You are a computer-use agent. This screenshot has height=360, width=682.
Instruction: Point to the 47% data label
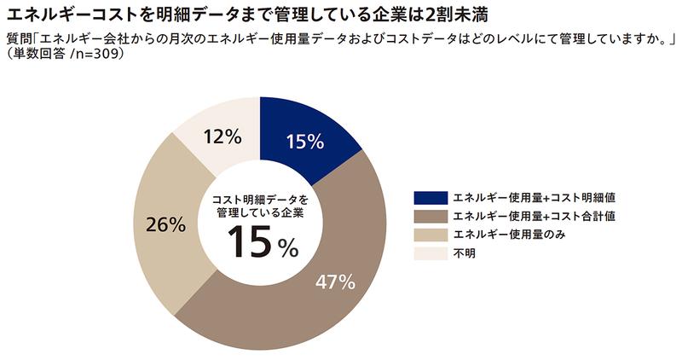tap(334, 282)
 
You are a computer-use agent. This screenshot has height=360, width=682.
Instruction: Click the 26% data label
tap(165, 225)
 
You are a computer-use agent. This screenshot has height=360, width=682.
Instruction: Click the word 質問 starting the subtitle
tap(17, 37)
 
